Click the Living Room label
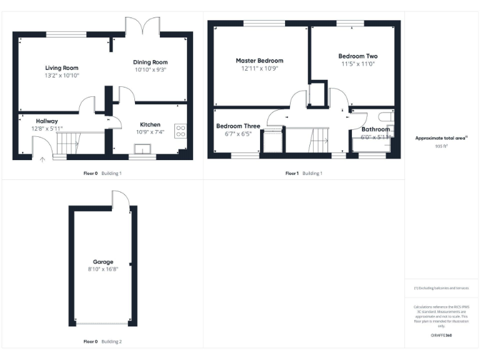(62, 67)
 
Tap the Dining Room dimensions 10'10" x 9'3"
(150, 70)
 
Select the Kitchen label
(150, 124)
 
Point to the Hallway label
(47, 121)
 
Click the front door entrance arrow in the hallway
(42, 159)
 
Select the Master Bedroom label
(259, 61)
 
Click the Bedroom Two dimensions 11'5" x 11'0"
(358, 64)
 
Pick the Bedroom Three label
(238, 126)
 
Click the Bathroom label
(376, 129)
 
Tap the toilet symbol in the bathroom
(386, 117)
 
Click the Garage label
(103, 262)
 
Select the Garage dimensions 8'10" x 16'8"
(103, 269)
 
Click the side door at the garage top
(121, 199)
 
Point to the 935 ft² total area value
(441, 145)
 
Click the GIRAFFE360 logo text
(441, 336)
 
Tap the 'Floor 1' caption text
(292, 172)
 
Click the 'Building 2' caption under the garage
(112, 341)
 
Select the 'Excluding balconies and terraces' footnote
(441, 288)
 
